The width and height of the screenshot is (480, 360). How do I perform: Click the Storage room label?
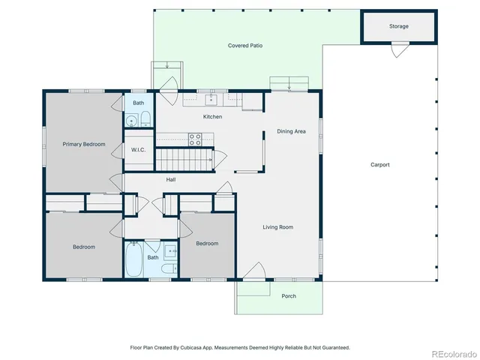[399, 26]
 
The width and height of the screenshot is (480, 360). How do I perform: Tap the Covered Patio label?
[245, 46]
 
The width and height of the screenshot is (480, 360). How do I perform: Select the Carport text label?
[379, 165]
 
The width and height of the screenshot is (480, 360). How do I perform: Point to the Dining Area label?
[291, 131]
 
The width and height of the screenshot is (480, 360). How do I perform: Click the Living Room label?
[277, 227]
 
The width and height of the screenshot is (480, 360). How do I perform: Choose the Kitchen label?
[212, 117]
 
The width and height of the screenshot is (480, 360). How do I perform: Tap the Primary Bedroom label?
[83, 144]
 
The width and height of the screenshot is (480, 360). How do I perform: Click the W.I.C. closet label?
[138, 150]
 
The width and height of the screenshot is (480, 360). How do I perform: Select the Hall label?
[171, 179]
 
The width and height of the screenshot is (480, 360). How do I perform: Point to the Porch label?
[289, 296]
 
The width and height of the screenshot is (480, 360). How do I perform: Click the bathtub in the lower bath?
[133, 259]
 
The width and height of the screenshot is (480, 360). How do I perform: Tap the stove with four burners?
[195, 139]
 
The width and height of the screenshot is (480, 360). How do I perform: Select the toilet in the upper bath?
[145, 118]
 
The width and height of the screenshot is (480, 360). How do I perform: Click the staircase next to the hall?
[184, 159]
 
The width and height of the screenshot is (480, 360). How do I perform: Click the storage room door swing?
[400, 49]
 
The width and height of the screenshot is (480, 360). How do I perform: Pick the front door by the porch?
[253, 271]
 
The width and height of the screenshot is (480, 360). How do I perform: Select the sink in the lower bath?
[170, 253]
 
